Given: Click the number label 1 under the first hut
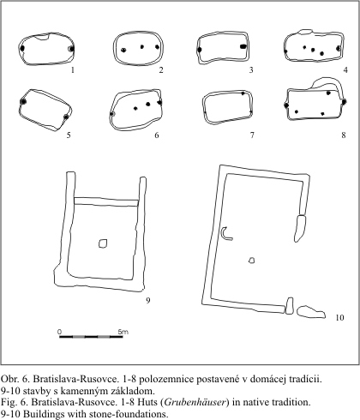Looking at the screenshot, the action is pyautogui.click(x=73, y=69).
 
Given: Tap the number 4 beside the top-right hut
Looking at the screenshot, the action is pyautogui.click(x=345, y=69).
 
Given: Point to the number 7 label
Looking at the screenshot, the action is pyautogui.click(x=252, y=135).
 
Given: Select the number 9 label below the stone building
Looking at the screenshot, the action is pyautogui.click(x=148, y=300).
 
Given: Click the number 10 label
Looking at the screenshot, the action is pyautogui.click(x=339, y=317).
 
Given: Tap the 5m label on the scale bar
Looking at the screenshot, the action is pyautogui.click(x=123, y=332).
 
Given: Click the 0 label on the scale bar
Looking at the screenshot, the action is pyautogui.click(x=59, y=332).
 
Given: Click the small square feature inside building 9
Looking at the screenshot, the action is pyautogui.click(x=103, y=243).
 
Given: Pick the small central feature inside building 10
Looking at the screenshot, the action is pyautogui.click(x=251, y=260).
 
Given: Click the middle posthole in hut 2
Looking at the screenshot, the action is pyautogui.click(x=142, y=47).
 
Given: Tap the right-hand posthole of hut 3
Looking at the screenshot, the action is pyautogui.click(x=243, y=46).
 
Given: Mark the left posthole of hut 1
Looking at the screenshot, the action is pyautogui.click(x=22, y=49).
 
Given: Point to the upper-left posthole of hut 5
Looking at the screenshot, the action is pyautogui.click(x=23, y=101).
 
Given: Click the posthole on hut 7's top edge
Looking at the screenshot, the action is pyautogui.click(x=243, y=93).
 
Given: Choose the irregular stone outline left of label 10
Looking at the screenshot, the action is pyautogui.click(x=311, y=312).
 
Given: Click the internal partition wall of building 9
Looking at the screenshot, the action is pyautogui.click(x=106, y=201).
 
